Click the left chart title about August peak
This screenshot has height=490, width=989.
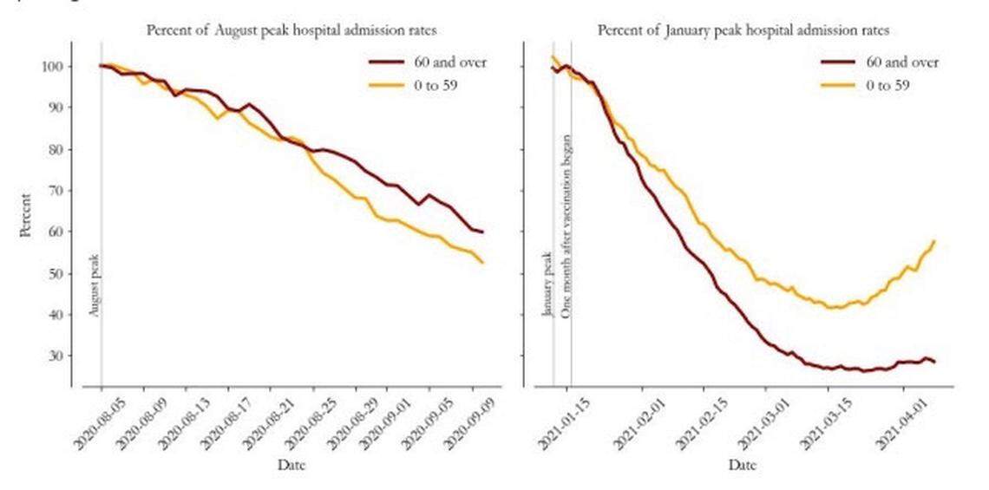pos(290,30)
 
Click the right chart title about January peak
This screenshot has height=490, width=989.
pos(743,30)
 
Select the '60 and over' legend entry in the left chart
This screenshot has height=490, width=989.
pos(426,62)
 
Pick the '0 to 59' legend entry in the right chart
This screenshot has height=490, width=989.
pos(880,85)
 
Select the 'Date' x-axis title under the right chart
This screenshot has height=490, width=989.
pos(743,466)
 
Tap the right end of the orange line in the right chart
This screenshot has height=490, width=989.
pos(934,241)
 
